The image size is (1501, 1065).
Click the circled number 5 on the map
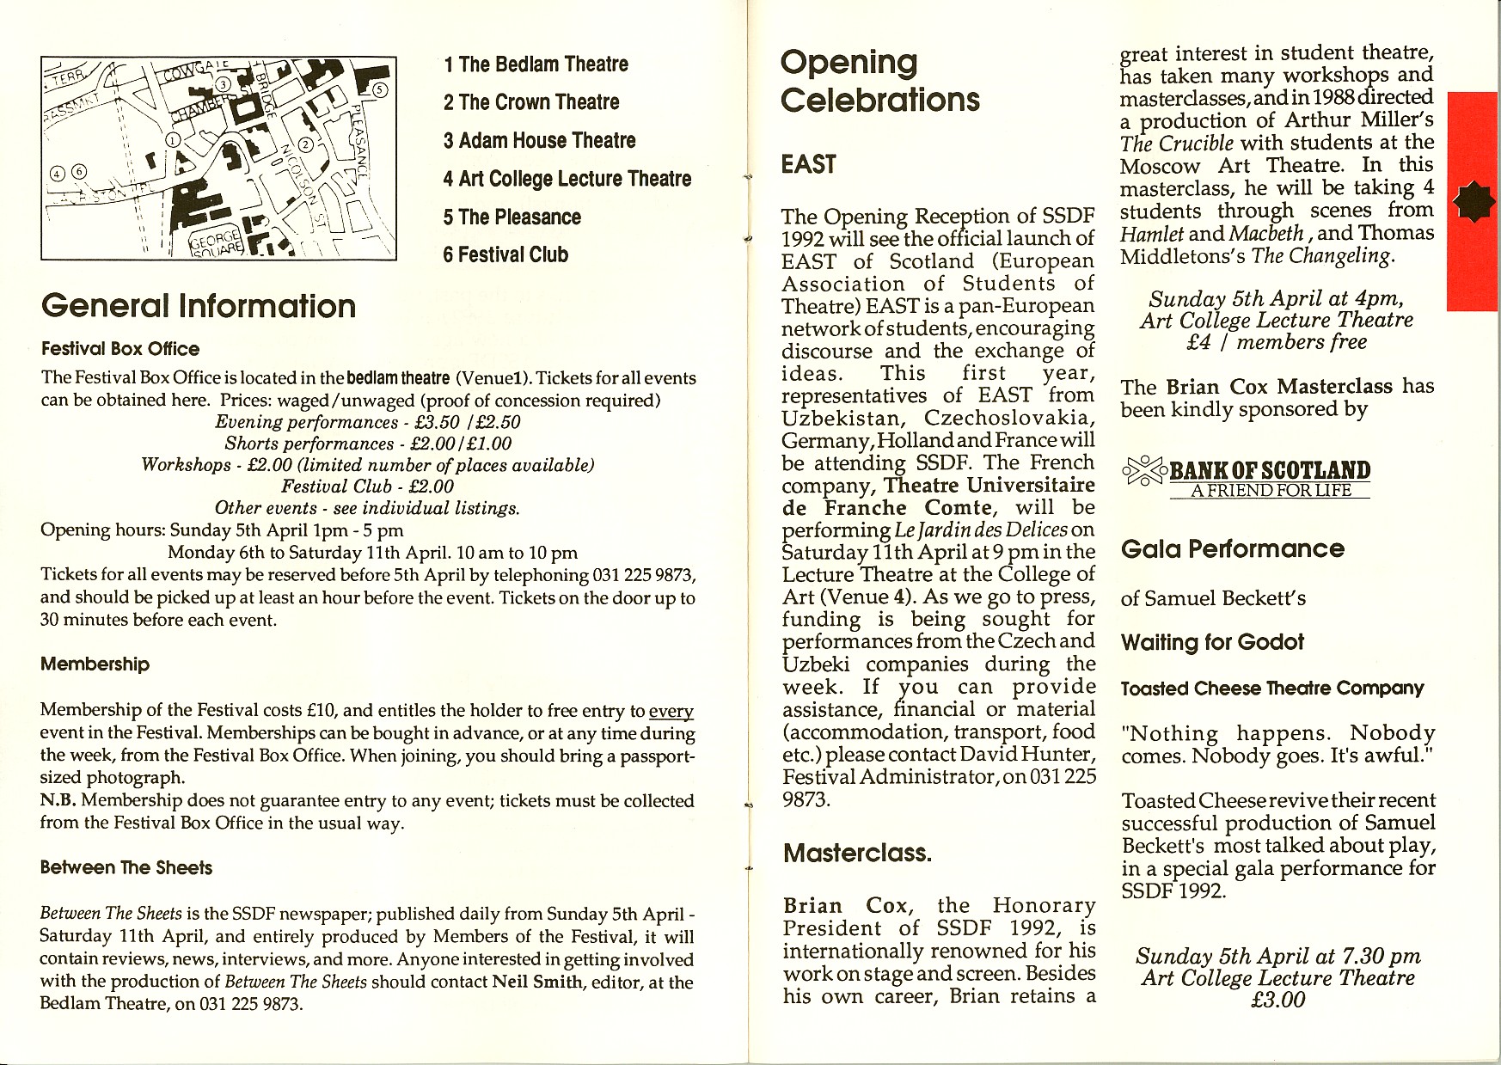[381, 90]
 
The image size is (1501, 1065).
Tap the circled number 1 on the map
[173, 139]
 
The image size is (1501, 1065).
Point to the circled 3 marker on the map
[222, 83]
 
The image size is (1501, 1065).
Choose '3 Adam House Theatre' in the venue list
[539, 140]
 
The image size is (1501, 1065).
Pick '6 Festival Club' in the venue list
[505, 254]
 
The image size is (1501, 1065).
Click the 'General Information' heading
[199, 306]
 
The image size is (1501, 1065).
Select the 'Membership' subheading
[95, 664]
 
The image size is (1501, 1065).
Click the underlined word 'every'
[671, 711]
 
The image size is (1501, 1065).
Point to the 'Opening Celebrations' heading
[879, 81]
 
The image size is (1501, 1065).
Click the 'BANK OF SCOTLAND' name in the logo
[1270, 470]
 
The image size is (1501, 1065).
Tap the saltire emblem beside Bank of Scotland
[1145, 471]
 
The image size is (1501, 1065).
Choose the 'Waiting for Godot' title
[1211, 642]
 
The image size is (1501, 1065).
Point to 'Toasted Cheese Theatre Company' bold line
[1271, 689]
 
